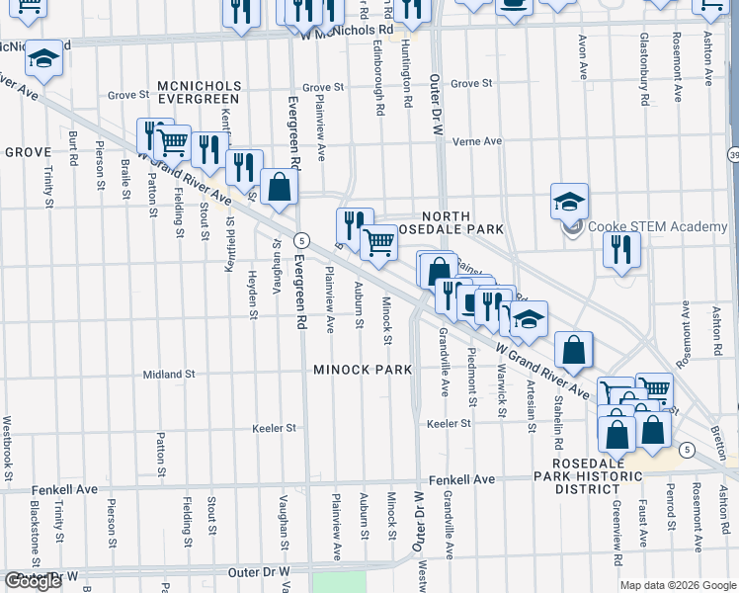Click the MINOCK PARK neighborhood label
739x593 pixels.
(362, 370)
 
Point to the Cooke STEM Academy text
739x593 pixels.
(657, 227)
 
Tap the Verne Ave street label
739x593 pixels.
(477, 141)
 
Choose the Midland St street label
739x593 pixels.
(169, 375)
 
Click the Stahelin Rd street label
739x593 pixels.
(558, 407)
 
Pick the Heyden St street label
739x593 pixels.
(253, 295)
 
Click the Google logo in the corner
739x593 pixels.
(33, 582)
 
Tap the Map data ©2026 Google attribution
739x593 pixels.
(678, 585)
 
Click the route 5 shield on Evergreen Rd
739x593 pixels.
(301, 240)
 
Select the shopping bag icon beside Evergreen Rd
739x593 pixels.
(280, 187)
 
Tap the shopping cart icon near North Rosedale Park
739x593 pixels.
(379, 241)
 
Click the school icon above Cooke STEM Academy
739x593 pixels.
(569, 201)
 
